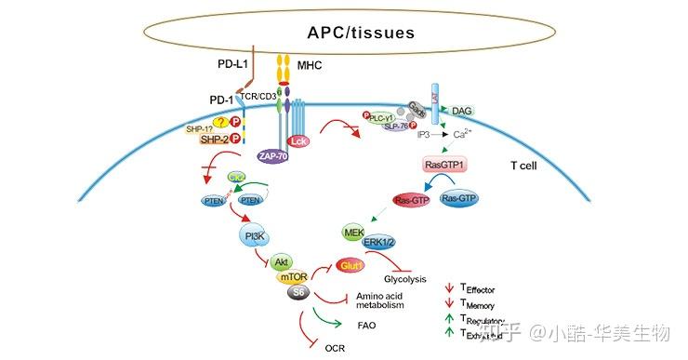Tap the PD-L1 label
click(222, 66)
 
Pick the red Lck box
click(298, 141)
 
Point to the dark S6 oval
click(298, 294)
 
